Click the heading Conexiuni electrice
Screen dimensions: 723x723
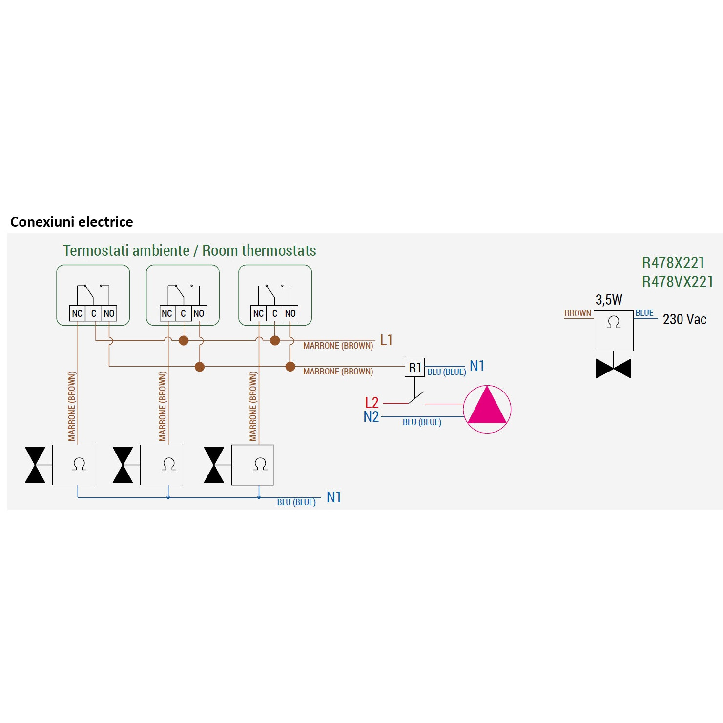pyautogui.click(x=71, y=222)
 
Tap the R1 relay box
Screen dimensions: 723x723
pyautogui.click(x=414, y=367)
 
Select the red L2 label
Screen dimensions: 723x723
pyautogui.click(x=372, y=402)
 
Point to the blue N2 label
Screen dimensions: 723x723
pyautogui.click(x=371, y=417)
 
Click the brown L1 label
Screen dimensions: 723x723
pyautogui.click(x=386, y=340)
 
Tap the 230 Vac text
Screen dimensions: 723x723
pyautogui.click(x=684, y=319)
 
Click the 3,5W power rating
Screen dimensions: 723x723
pyautogui.click(x=609, y=300)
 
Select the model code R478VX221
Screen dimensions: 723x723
pyautogui.click(x=677, y=282)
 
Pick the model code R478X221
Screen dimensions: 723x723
pyautogui.click(x=673, y=263)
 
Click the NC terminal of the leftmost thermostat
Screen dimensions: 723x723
pyautogui.click(x=77, y=313)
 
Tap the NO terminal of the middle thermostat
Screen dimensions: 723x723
pyautogui.click(x=199, y=313)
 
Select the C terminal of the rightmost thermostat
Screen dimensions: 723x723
pyautogui.click(x=275, y=313)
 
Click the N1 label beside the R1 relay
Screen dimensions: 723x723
pyautogui.click(x=476, y=366)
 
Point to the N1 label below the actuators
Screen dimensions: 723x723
pyautogui.click(x=333, y=497)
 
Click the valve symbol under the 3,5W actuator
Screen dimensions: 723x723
pyautogui.click(x=613, y=369)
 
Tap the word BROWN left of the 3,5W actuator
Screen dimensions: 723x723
pyautogui.click(x=578, y=313)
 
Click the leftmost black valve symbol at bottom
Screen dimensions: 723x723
pyautogui.click(x=35, y=465)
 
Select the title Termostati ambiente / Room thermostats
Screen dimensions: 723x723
pyautogui.click(x=189, y=250)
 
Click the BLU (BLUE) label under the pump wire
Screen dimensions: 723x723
pyautogui.click(x=422, y=422)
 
